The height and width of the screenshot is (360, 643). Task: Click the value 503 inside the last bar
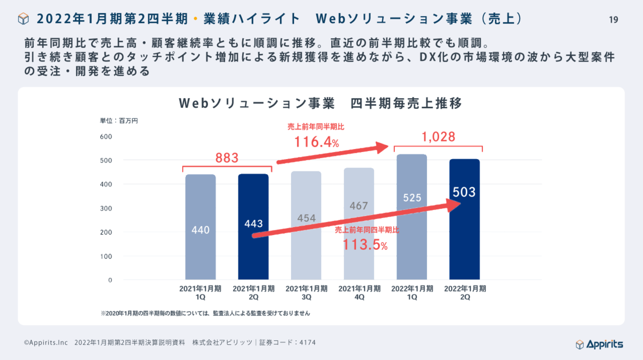(x=464, y=192)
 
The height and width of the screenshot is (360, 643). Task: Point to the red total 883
(x=227, y=159)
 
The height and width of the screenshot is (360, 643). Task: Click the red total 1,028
(x=438, y=137)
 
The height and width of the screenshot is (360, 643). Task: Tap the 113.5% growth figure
(x=365, y=245)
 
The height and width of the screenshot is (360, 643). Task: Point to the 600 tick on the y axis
(x=106, y=137)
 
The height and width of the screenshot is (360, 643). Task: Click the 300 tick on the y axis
(x=106, y=208)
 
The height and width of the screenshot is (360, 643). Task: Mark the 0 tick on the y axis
(x=109, y=280)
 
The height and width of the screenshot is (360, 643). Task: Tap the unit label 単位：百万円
(x=119, y=121)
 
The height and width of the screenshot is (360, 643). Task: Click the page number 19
(x=614, y=20)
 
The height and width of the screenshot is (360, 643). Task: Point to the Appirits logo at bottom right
(x=599, y=344)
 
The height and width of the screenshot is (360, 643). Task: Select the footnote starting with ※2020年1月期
(x=205, y=312)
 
